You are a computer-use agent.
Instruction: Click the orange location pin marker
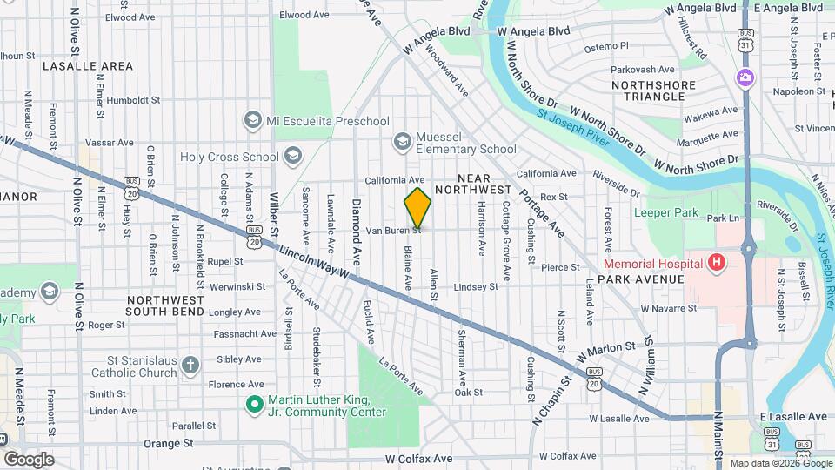pos(417,208)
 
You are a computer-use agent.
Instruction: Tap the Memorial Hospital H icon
pos(716,263)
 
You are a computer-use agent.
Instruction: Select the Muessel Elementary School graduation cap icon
pos(402,140)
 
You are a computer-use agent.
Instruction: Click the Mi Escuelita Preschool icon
pos(253,120)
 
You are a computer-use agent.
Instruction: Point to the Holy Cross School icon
pos(292,157)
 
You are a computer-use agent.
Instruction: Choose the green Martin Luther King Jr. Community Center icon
pos(254,405)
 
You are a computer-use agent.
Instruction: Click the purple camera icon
pos(745,78)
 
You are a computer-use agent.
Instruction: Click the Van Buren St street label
pos(392,232)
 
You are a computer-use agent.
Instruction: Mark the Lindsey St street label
pos(476,286)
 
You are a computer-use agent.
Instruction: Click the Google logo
pos(29,460)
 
